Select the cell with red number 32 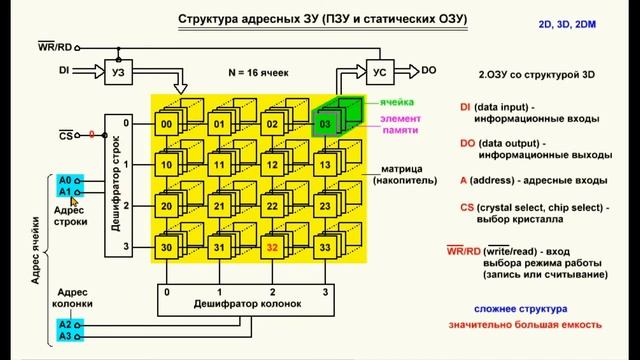point(271,248)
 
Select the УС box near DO point(379,71)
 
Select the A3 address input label point(65,337)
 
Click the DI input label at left point(64,71)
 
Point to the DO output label point(428,70)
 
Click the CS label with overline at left point(66,134)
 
